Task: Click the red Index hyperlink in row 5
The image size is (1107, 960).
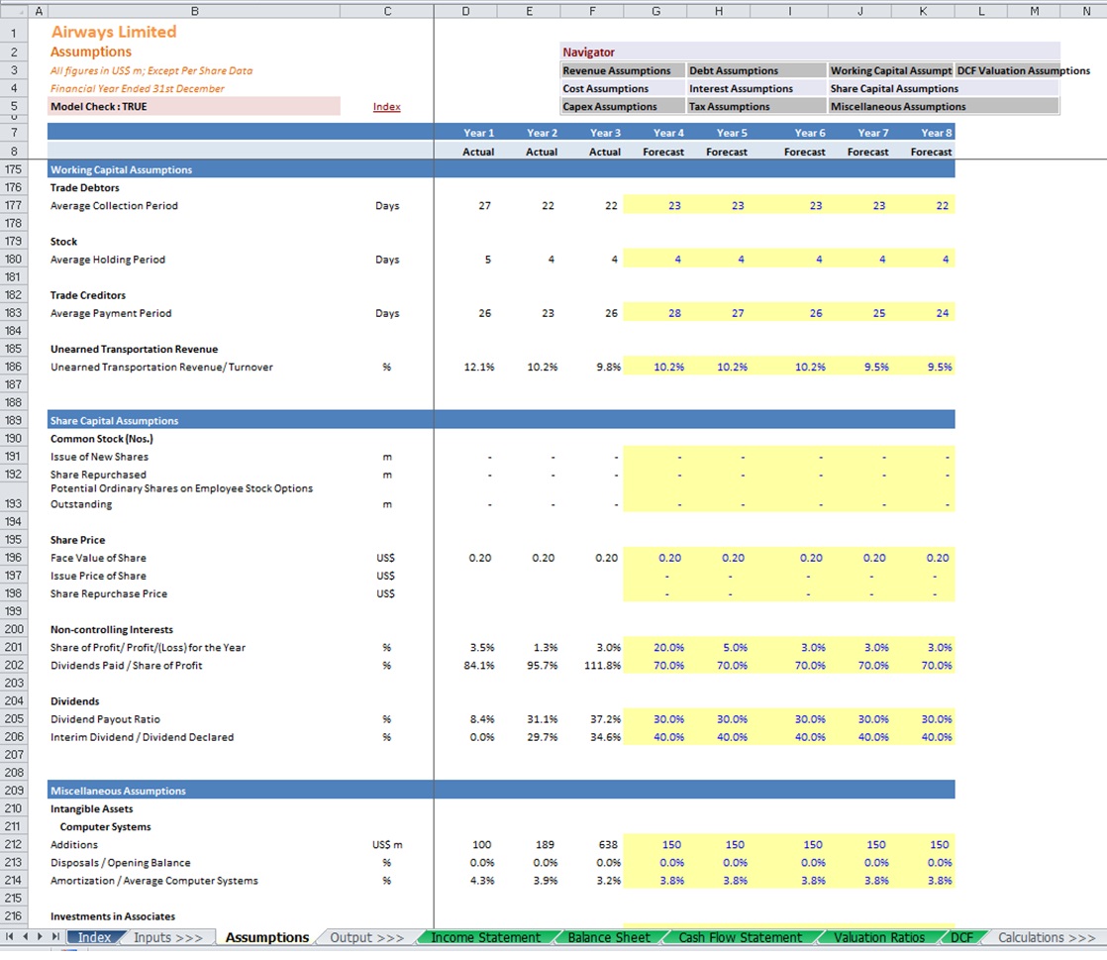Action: [x=386, y=107]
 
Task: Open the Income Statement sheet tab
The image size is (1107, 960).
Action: [x=486, y=937]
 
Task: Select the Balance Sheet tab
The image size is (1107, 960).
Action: [x=609, y=937]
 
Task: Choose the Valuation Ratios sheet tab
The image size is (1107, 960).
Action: [x=879, y=937]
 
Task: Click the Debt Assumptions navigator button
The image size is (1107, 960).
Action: [x=734, y=70]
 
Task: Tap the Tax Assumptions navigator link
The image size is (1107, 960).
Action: [x=730, y=107]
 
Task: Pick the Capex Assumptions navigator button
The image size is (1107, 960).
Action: [x=609, y=107]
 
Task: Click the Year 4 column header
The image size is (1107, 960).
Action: [x=668, y=133]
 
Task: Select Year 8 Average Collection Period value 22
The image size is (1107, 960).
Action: [x=943, y=205]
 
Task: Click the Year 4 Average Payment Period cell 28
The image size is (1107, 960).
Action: [x=675, y=313]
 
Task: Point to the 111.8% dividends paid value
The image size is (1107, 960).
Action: [x=602, y=666]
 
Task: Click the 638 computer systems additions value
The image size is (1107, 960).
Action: [x=608, y=845]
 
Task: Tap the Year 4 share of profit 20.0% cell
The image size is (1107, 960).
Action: [x=668, y=648]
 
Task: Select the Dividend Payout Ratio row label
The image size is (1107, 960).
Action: [x=105, y=719]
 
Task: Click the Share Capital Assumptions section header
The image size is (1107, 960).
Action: [x=115, y=420]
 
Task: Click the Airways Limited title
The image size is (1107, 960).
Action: [x=114, y=32]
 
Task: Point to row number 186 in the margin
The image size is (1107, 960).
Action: [x=14, y=367]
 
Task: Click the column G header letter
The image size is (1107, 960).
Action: [x=655, y=11]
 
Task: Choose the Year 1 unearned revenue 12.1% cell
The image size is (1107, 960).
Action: [x=478, y=368]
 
